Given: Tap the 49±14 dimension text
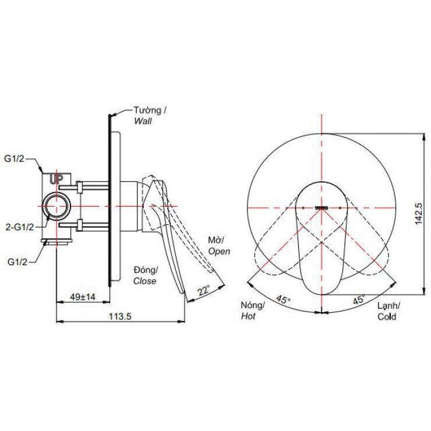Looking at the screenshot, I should pyautogui.click(x=83, y=296).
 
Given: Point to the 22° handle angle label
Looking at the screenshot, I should pyautogui.click(x=203, y=291).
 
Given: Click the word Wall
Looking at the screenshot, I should pyautogui.click(x=143, y=121).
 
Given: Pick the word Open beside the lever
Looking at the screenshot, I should pyautogui.click(x=220, y=251).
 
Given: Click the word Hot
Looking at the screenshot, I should pyautogui.click(x=248, y=316).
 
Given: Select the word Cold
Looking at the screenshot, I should pyautogui.click(x=386, y=317).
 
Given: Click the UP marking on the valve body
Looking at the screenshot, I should pyautogui.click(x=56, y=179).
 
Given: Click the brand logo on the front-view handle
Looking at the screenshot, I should pyautogui.click(x=322, y=207).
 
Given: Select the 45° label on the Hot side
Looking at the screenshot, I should pyautogui.click(x=282, y=301).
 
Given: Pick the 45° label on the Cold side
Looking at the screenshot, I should pyautogui.click(x=358, y=301).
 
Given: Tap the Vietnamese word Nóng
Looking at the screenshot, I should pyautogui.click(x=253, y=305).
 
